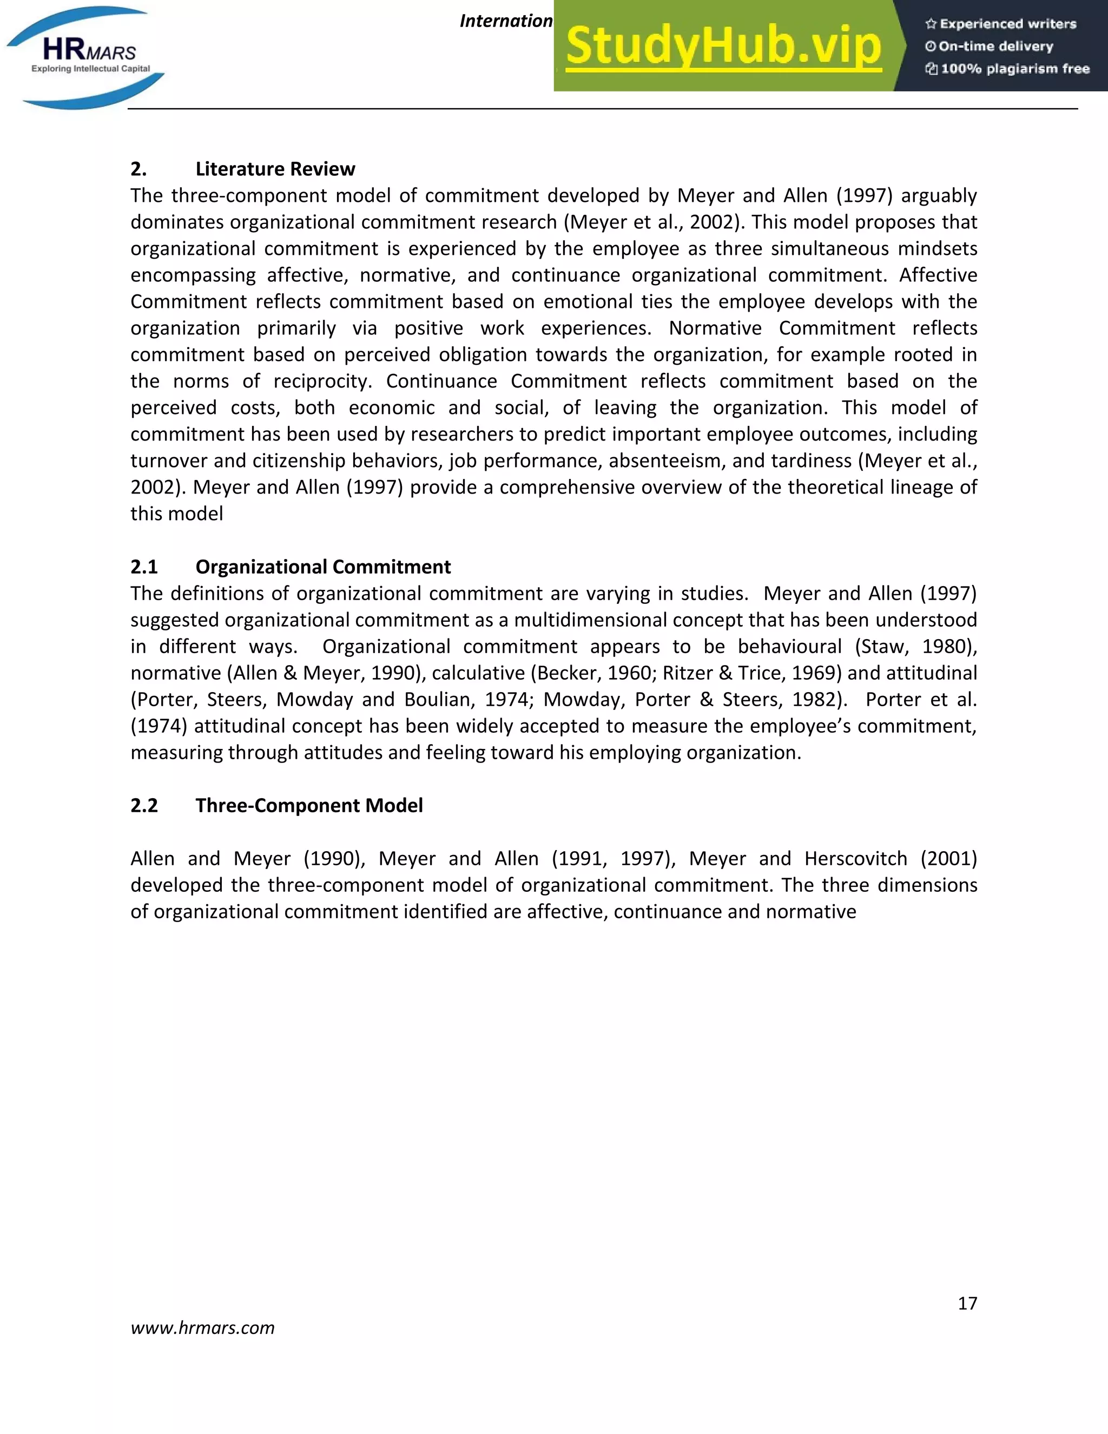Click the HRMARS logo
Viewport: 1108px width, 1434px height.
coord(85,57)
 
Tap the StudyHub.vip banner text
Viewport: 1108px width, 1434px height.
coord(723,46)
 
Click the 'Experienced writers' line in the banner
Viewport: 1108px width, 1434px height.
coord(1001,24)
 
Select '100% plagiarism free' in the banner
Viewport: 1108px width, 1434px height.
coord(1007,69)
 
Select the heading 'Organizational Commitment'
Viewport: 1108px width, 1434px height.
coord(323,567)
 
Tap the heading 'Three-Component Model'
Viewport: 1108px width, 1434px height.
coord(308,806)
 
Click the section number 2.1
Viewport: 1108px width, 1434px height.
coord(144,567)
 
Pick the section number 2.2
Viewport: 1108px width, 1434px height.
coord(144,806)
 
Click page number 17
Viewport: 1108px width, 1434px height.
coord(967,1304)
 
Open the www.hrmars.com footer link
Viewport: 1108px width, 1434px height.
coord(202,1327)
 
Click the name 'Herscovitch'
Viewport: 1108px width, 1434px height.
coord(856,859)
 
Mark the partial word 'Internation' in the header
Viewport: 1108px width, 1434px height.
coord(506,21)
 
